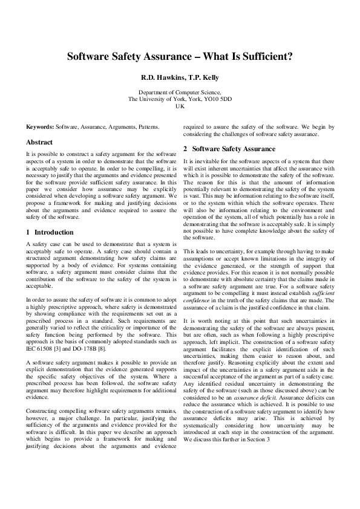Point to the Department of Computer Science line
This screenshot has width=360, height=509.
(180, 92)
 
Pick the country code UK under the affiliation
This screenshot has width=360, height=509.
(180, 106)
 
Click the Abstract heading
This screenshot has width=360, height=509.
(39, 142)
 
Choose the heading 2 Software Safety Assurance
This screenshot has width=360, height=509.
(229, 149)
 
